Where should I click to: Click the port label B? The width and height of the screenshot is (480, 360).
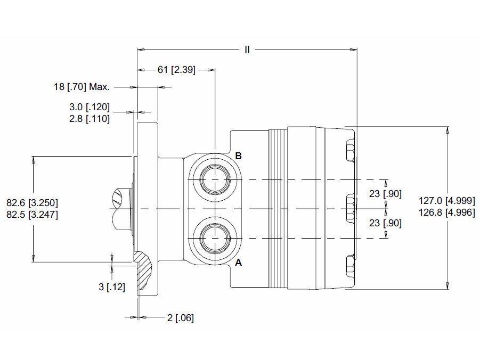pyautogui.click(x=239, y=156)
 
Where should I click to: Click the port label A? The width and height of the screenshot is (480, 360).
pyautogui.click(x=239, y=263)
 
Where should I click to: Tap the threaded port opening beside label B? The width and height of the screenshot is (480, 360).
pyautogui.click(x=215, y=179)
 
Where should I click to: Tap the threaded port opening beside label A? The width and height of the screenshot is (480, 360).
pyautogui.click(x=215, y=238)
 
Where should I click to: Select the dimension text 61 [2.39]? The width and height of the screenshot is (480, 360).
pyautogui.click(x=176, y=70)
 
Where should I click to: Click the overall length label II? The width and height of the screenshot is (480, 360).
pyautogui.click(x=247, y=50)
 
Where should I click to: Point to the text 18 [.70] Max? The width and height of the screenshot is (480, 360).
pyautogui.click(x=82, y=87)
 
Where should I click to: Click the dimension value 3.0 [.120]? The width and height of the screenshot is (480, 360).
pyautogui.click(x=90, y=107)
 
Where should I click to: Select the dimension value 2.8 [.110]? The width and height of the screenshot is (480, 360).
pyautogui.click(x=90, y=118)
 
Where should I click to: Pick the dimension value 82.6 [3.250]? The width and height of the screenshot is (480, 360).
pyautogui.click(x=32, y=203)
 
